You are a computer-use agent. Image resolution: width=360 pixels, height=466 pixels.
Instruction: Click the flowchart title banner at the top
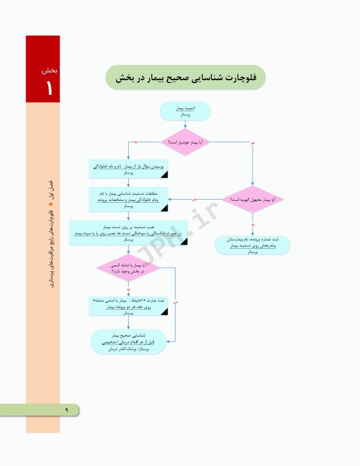point(185,78)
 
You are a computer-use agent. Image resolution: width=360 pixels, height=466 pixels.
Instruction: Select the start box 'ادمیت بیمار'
point(185,110)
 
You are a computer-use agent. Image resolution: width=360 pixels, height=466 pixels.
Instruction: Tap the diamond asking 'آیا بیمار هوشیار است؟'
point(185,142)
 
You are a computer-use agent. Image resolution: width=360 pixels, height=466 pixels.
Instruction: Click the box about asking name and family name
point(127,169)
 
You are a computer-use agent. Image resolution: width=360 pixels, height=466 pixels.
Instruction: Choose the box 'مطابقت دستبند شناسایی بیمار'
point(127,198)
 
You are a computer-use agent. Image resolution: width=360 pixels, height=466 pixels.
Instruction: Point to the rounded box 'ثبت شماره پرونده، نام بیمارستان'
point(253,244)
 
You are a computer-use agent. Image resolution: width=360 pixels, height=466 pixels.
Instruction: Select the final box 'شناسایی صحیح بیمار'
point(128,342)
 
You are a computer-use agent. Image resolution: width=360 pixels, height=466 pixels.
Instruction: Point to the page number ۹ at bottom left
point(67,410)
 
